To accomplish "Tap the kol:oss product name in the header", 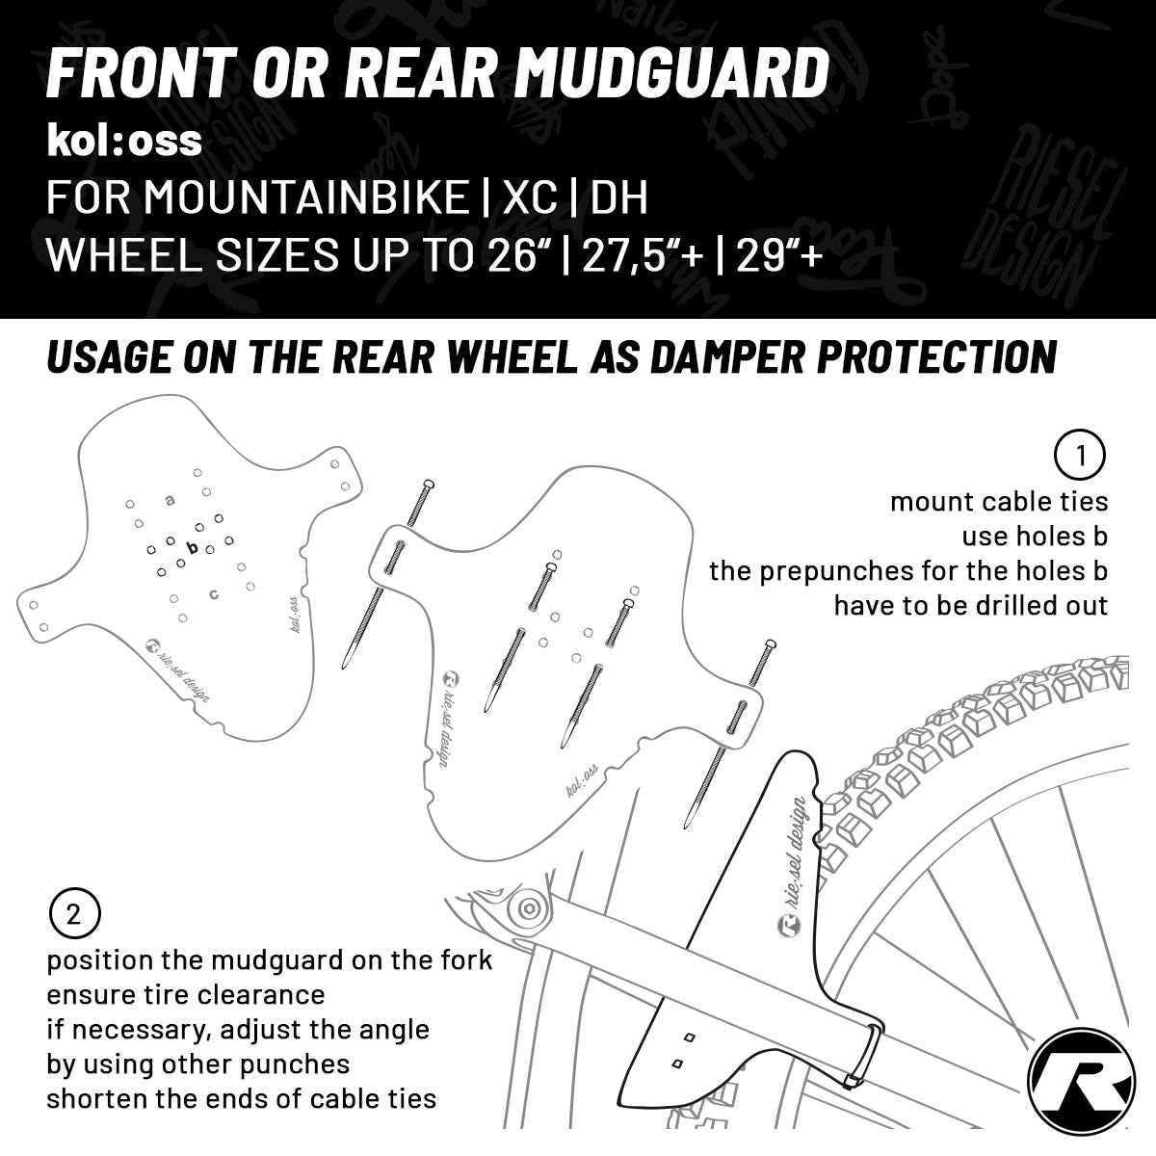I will (124, 141).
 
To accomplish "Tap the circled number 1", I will (1080, 456).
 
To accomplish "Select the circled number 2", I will (74, 914).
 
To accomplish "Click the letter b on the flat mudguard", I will (192, 548).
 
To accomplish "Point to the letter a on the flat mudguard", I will (171, 500).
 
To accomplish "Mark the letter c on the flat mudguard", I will (214, 593).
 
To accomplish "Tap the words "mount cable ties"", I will (999, 502).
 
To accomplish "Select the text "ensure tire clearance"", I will (186, 993).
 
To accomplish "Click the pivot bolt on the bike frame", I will (527, 907).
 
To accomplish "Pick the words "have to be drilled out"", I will (970, 606).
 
